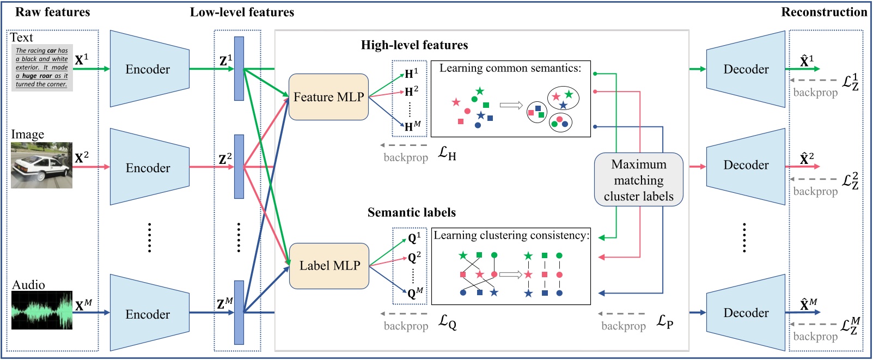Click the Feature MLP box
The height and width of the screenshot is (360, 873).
click(328, 97)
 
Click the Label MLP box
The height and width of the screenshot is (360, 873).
click(329, 266)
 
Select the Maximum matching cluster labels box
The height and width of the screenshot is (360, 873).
click(638, 180)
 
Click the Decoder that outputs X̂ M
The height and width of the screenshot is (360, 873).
click(746, 313)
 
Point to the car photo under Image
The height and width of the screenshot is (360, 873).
click(41, 166)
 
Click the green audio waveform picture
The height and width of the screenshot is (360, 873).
click(42, 310)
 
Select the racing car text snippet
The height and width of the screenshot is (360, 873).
click(42, 68)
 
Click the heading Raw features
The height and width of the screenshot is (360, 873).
click(52, 12)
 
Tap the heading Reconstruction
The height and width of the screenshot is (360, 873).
click(823, 12)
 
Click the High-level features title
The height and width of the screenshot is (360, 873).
click(414, 45)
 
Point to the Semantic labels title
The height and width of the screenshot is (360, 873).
click(411, 212)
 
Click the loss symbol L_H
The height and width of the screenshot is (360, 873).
click(447, 154)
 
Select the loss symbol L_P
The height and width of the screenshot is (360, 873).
click(664, 322)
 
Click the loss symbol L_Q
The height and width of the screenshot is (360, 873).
click(447, 322)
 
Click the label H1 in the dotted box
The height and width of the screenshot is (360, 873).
click(411, 74)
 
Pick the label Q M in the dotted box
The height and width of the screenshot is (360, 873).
click(415, 293)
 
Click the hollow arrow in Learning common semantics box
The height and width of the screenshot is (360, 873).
click(511, 106)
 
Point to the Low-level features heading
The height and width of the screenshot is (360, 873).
click(242, 12)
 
